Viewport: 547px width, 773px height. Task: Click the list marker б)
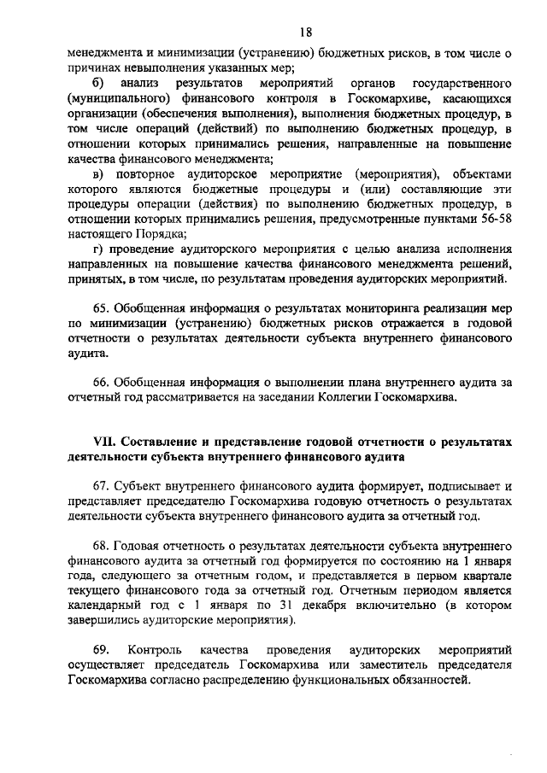[x=97, y=85]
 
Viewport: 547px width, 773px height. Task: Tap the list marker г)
[x=98, y=249]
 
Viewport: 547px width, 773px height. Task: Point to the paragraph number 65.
[x=101, y=308]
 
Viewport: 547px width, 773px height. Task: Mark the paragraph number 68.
[x=101, y=544]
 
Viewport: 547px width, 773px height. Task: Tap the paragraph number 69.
[x=101, y=650]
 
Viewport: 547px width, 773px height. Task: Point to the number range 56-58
[x=495, y=219]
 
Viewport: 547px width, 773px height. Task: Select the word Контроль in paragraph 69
[x=154, y=650]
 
